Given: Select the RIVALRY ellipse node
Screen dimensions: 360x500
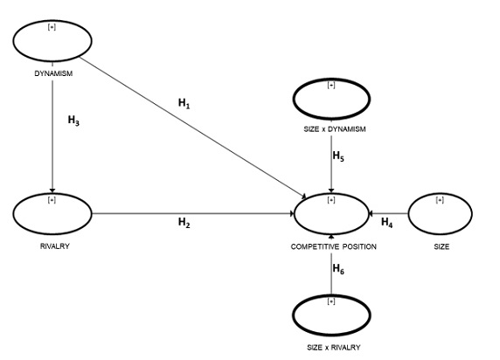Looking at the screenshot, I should (52, 212).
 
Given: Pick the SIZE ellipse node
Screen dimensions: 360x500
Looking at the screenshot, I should (439, 212).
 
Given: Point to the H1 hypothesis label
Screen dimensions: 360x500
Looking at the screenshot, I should (184, 104).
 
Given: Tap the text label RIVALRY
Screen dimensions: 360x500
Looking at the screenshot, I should (53, 246).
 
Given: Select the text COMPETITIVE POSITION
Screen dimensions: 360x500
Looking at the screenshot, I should (333, 247).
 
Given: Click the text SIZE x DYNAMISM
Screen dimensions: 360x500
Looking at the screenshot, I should (331, 130).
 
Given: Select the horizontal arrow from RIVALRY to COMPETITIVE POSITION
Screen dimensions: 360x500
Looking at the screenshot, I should (192, 212).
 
